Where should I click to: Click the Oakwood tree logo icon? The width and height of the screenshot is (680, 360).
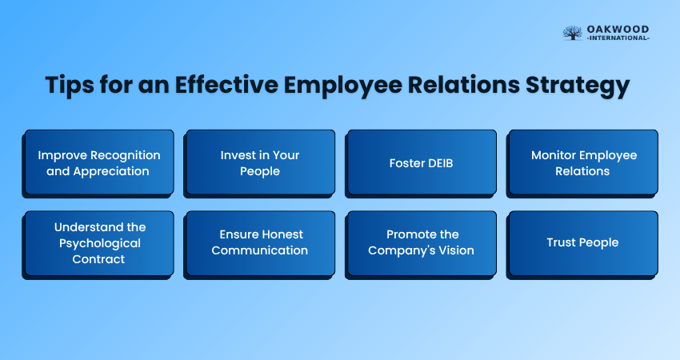click(x=573, y=33)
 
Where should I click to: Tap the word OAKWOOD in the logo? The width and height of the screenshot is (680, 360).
click(x=618, y=29)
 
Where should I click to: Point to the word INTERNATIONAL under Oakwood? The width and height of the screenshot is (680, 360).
click(x=618, y=38)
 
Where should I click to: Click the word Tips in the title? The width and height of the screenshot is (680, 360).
click(x=70, y=85)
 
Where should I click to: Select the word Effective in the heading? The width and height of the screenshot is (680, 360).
click(x=226, y=84)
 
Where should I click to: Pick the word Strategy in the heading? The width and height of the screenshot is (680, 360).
click(x=578, y=85)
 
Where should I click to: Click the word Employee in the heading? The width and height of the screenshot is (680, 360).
click(x=343, y=86)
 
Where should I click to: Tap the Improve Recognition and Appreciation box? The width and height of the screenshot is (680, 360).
click(x=99, y=162)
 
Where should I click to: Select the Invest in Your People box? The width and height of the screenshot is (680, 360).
click(x=260, y=162)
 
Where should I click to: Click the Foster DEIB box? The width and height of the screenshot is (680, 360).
click(x=421, y=162)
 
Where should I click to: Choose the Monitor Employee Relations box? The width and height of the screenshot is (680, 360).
click(x=582, y=162)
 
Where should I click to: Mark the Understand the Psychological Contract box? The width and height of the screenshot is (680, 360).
click(x=99, y=244)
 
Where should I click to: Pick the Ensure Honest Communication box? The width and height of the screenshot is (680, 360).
click(x=260, y=244)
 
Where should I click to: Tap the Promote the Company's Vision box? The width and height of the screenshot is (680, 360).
click(x=421, y=244)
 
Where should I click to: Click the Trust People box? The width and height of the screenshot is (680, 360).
click(x=582, y=244)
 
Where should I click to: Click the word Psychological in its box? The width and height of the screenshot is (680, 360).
click(x=100, y=244)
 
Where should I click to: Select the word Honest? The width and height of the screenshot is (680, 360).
click(x=282, y=234)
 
